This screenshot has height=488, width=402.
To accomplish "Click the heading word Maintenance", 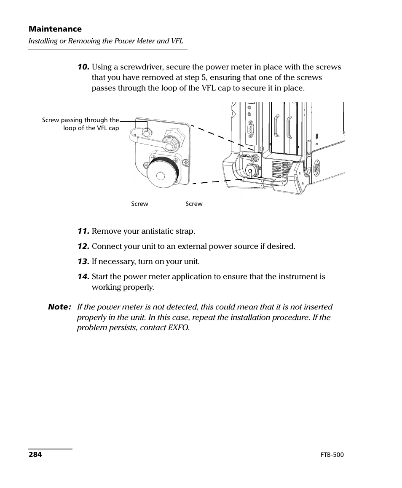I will pyautogui.click(x=55, y=29).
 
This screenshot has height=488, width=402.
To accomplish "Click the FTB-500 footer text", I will pyautogui.click(x=332, y=455).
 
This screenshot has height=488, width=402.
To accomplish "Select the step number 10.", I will pyautogui.click(x=83, y=67).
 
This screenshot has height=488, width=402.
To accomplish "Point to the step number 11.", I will pyautogui.click(x=83, y=231).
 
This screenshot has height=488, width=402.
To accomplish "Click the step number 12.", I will pyautogui.click(x=83, y=246).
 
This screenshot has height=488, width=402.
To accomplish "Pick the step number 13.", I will pyautogui.click(x=83, y=261).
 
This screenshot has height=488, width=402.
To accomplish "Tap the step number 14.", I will pyautogui.click(x=83, y=277).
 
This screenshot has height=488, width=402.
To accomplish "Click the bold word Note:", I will pyautogui.click(x=59, y=307).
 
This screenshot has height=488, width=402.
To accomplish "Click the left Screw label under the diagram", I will pyautogui.click(x=139, y=204).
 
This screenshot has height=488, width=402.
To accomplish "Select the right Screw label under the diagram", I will pyautogui.click(x=194, y=204).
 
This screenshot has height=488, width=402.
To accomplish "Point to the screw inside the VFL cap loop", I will pyautogui.click(x=147, y=133).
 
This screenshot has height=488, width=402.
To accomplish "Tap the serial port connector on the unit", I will pyautogui.click(x=252, y=130).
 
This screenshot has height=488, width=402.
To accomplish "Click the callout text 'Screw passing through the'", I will pyautogui.click(x=80, y=120).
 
